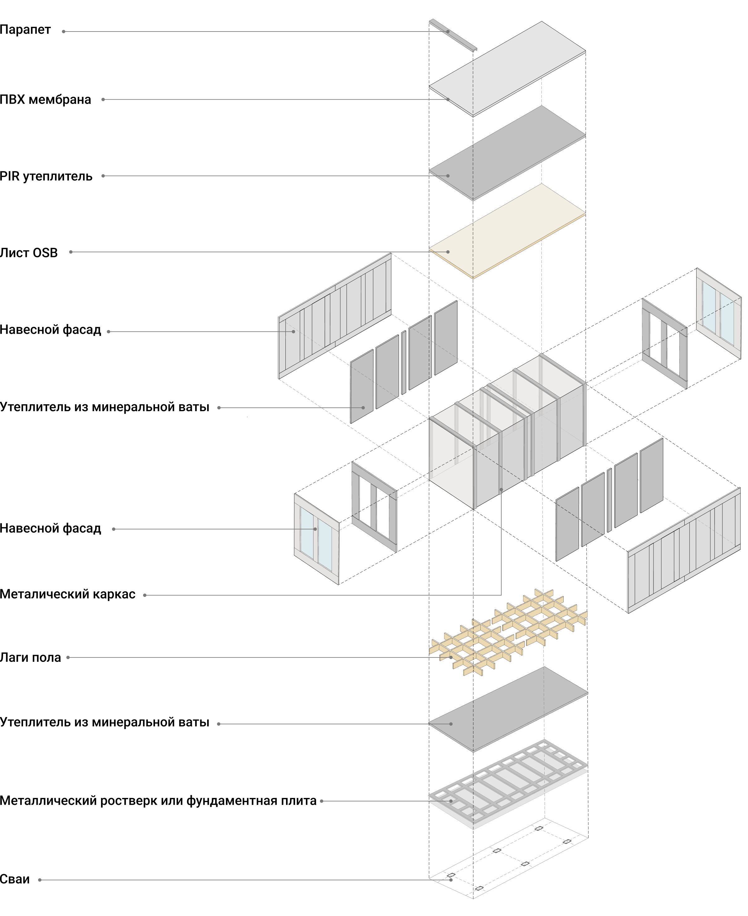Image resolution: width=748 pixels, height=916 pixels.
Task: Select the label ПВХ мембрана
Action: pos(45,100)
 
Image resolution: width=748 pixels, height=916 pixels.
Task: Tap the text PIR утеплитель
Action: pos(46,176)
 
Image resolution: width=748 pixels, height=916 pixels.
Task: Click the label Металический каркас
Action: pos(68,594)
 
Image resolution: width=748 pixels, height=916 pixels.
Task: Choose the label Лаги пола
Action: pos(31,658)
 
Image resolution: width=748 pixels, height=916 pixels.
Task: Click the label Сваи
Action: pos(15,879)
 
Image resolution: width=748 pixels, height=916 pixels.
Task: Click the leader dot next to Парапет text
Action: pos(64,32)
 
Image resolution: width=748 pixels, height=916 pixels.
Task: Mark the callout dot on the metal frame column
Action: pos(501,490)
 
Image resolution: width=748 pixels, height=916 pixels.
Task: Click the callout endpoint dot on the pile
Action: pos(451,880)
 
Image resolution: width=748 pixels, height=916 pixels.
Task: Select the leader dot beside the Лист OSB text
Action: pos(71,252)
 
